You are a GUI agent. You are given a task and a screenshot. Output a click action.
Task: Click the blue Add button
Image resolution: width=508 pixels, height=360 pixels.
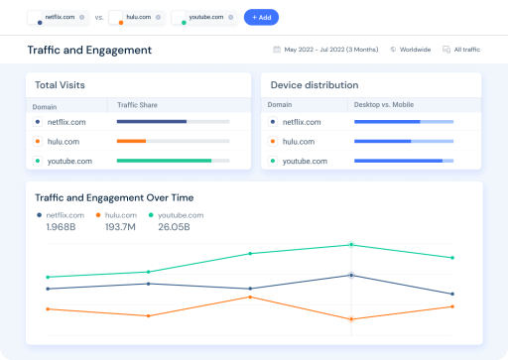click(261, 18)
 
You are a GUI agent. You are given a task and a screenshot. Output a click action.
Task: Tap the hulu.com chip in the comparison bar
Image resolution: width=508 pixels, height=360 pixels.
click(137, 18)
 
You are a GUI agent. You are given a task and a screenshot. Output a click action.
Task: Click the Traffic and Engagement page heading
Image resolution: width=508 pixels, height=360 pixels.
click(89, 50)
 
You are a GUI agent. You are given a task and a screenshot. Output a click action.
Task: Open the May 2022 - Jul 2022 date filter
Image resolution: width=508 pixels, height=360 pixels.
click(325, 50)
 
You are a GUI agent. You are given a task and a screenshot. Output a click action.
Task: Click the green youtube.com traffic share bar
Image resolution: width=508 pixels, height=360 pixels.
click(164, 161)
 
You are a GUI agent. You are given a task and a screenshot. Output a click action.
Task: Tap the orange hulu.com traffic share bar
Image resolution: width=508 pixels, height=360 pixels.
click(131, 141)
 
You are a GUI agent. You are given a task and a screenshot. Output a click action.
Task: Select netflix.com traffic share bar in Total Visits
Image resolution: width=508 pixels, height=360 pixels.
click(152, 122)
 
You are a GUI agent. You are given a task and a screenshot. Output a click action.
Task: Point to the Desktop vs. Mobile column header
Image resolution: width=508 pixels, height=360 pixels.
click(383, 104)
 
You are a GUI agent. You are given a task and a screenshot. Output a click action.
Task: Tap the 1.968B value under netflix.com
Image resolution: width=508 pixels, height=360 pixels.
click(61, 227)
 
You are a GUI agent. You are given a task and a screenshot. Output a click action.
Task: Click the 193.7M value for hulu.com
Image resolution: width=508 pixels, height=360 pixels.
click(119, 227)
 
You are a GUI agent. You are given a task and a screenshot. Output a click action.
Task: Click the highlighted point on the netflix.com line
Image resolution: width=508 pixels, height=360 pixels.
click(351, 276)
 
